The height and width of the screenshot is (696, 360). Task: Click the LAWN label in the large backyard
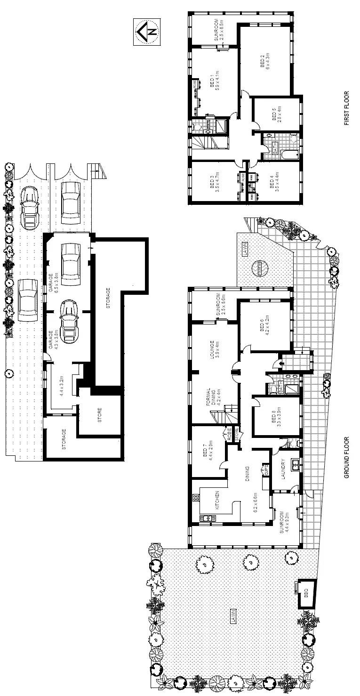(x=232, y=617)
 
